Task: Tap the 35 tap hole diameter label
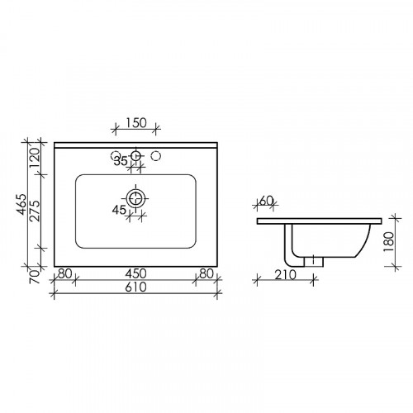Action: pyautogui.click(x=121, y=161)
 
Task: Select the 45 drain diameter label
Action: pyautogui.click(x=120, y=211)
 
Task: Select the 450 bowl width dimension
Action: pyautogui.click(x=136, y=274)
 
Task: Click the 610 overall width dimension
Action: pyautogui.click(x=136, y=288)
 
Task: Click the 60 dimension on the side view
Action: pyautogui.click(x=267, y=202)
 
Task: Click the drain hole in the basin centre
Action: pyautogui.click(x=136, y=198)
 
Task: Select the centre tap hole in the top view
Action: pyautogui.click(x=136, y=154)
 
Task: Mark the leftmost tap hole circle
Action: pyautogui.click(x=116, y=154)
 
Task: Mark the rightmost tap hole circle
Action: pyautogui.click(x=158, y=154)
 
